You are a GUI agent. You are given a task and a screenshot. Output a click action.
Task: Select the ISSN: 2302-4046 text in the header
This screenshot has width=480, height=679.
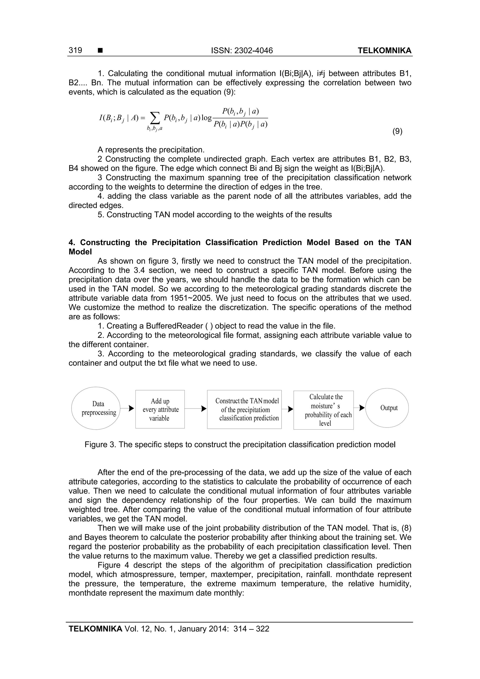(242, 51)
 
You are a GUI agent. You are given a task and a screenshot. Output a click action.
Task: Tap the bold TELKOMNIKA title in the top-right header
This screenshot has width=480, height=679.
(384, 51)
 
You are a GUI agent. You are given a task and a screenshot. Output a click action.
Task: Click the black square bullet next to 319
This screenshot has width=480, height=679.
(100, 51)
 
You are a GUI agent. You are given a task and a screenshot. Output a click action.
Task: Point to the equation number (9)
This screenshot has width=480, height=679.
(397, 131)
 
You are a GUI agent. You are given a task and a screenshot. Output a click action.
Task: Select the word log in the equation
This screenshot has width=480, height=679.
(206, 118)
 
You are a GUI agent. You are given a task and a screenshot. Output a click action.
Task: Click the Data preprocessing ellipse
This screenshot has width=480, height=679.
(96, 408)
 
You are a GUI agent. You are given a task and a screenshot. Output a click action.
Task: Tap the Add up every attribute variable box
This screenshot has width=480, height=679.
(160, 409)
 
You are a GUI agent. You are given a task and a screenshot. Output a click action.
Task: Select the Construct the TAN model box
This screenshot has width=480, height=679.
(244, 409)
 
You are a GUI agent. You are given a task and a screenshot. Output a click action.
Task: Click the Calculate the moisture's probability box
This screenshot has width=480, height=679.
(323, 410)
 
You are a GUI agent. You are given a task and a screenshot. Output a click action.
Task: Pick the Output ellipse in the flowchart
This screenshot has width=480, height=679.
(387, 408)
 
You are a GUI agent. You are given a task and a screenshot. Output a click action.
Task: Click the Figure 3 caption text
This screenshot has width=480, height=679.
(240, 444)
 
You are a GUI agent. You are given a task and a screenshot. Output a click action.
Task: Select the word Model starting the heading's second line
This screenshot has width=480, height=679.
(80, 252)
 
